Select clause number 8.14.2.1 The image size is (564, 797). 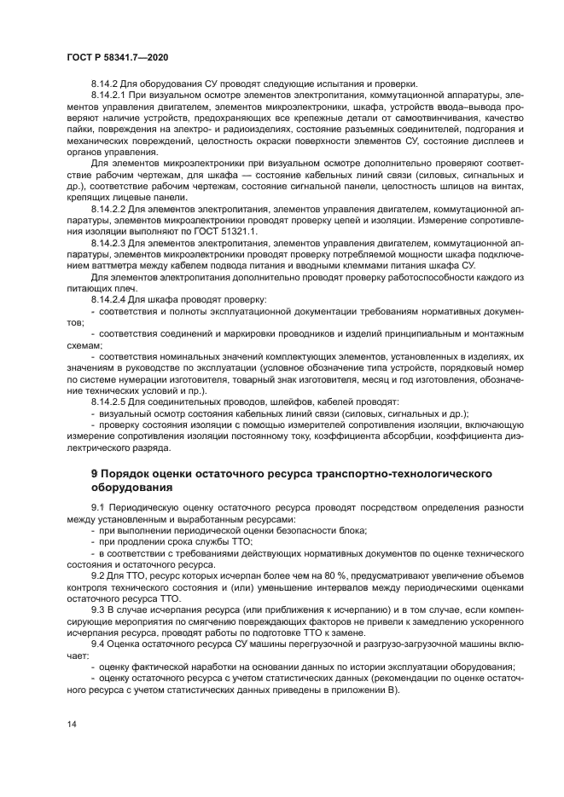(109, 95)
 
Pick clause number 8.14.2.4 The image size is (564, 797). (109, 300)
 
